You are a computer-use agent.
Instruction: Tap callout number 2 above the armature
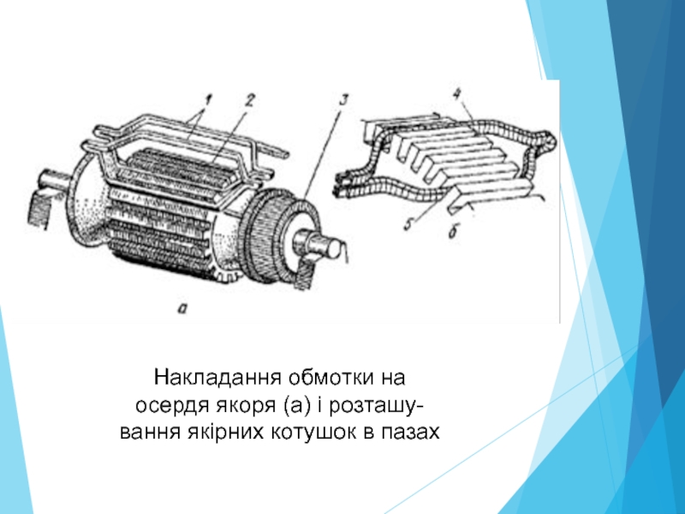[249, 100]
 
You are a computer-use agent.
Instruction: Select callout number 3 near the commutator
[343, 100]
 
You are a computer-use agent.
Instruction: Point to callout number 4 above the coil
[457, 95]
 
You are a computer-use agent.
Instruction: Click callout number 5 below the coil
[408, 224]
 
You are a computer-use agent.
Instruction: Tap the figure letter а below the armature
[182, 308]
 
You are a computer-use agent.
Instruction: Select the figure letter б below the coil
[453, 231]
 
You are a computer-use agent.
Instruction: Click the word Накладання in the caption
[217, 377]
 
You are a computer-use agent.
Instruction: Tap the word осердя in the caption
[173, 406]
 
